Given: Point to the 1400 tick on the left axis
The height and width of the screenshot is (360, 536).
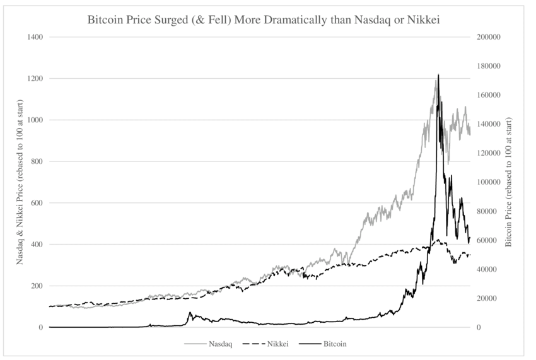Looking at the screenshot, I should tap(34, 37).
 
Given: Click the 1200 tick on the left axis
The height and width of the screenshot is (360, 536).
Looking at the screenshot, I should tap(34, 79).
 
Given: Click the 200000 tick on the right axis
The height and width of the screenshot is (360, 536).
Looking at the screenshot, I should tap(488, 37).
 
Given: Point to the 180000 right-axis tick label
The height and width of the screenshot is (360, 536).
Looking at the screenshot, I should tap(488, 66).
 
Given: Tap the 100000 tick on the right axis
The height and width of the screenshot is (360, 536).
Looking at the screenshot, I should tap(488, 182).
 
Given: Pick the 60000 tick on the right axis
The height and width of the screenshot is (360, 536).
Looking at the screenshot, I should tap(486, 240).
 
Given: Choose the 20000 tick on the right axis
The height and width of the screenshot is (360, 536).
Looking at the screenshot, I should tap(486, 298).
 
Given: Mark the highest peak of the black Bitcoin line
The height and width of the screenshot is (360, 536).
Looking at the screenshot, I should tap(438, 75).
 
